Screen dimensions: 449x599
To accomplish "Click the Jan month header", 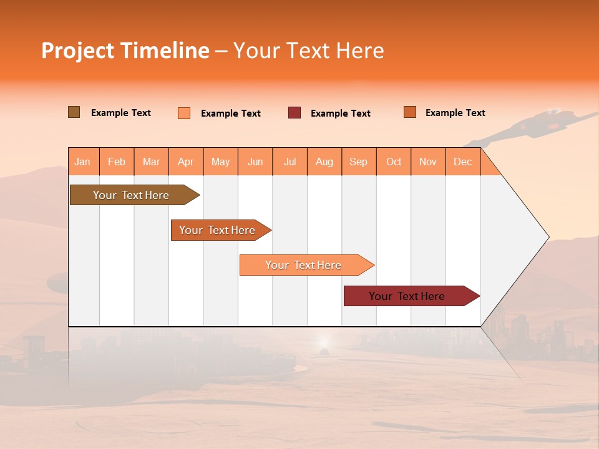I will click(83, 162).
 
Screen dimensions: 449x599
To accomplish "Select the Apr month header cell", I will click(186, 162).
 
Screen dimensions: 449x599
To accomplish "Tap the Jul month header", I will click(290, 162).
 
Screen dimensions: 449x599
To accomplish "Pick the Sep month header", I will click(359, 162).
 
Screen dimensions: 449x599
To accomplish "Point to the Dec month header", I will click(463, 162).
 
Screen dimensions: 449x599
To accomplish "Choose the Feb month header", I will click(117, 162).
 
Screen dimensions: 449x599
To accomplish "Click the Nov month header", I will click(428, 162).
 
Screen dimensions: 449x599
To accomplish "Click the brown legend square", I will click(74, 112).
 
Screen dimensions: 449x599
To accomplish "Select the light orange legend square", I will click(184, 113).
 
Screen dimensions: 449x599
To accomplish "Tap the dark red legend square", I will click(295, 113).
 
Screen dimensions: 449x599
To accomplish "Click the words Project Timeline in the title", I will click(125, 51).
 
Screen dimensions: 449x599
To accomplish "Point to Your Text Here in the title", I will click(308, 51).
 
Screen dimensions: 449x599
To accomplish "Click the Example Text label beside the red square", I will click(340, 113).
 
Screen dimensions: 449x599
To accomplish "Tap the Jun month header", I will click(255, 162).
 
